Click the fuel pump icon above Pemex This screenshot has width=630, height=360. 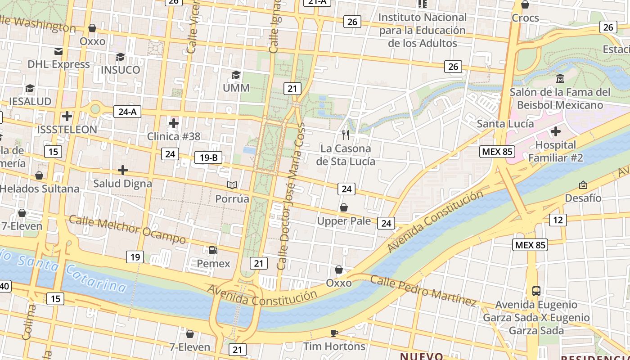(213, 250)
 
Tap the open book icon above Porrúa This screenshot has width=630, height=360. (232, 185)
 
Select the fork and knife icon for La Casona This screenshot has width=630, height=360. (346, 135)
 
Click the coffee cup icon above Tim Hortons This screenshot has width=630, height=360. (334, 333)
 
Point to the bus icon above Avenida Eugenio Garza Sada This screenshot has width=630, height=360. (536, 291)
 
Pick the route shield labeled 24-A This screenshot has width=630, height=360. (127, 112)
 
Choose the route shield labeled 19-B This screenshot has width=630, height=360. (208, 157)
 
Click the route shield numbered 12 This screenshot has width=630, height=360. (558, 220)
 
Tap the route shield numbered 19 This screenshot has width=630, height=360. (135, 257)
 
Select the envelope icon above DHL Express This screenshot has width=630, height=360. (58, 51)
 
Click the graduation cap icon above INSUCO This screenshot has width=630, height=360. (120, 57)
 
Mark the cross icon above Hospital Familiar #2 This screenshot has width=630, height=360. (556, 131)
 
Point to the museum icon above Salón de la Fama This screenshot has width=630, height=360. (560, 79)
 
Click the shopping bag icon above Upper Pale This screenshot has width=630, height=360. (344, 207)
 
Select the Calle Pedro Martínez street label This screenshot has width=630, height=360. (423, 290)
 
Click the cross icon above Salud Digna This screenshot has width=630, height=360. (122, 170)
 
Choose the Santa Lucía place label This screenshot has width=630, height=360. (505, 124)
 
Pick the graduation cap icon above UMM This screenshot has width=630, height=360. (236, 75)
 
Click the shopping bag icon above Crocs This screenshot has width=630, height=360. (525, 5)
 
